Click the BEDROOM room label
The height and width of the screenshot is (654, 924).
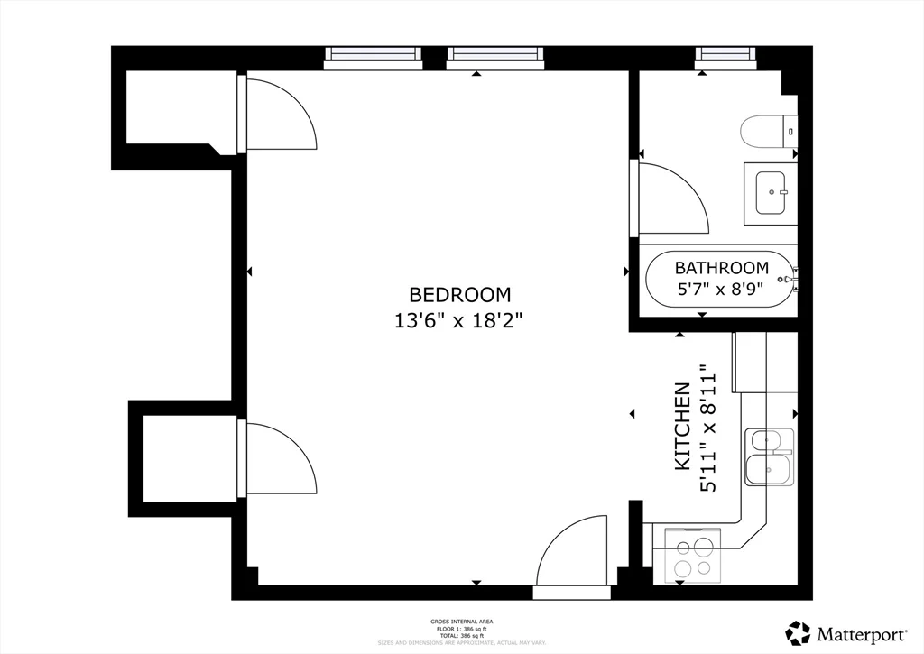tap(460, 295)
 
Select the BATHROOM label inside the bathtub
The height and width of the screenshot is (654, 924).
tap(722, 268)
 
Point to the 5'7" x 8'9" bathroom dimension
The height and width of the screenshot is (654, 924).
tap(721, 290)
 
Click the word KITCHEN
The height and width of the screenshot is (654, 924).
tap(683, 426)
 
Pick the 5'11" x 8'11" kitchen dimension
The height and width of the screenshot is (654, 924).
tap(708, 428)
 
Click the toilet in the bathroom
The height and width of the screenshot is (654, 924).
tap(769, 132)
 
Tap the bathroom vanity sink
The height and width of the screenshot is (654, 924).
tap(771, 193)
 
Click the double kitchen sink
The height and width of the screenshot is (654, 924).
tap(769, 456)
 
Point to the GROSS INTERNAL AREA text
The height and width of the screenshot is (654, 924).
tap(461, 622)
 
